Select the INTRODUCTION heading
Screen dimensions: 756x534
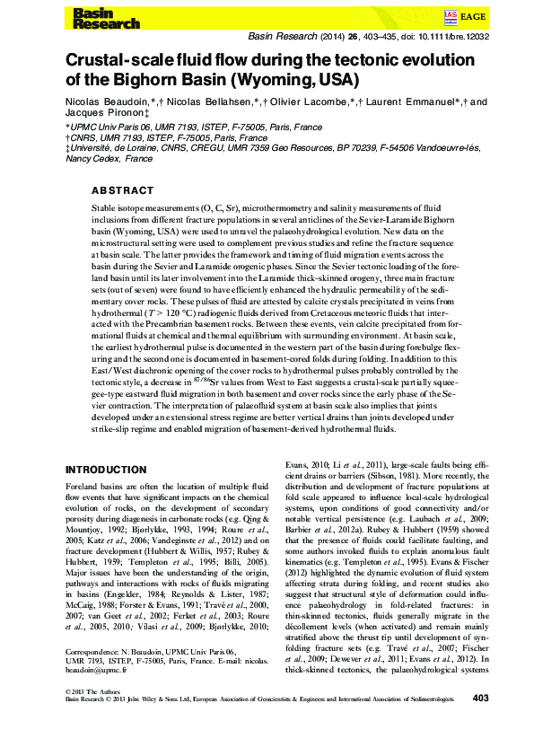107,469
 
